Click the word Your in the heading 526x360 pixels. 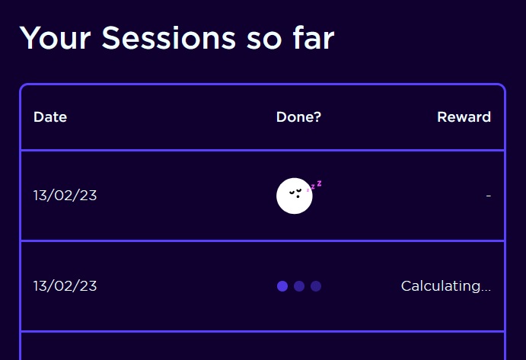[x=56, y=38]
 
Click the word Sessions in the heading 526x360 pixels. [x=169, y=38]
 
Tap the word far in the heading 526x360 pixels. [x=314, y=37]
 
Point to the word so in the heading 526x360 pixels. [x=264, y=40]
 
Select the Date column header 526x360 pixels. [x=50, y=117]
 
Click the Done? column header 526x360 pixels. [x=298, y=117]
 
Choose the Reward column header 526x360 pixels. [x=464, y=117]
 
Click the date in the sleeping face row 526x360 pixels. [x=65, y=196]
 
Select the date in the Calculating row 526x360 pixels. [x=65, y=286]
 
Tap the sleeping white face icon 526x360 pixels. [x=295, y=196]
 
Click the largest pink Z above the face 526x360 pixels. [x=320, y=183]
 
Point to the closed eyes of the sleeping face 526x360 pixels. [x=295, y=192]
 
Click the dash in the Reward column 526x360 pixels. [x=489, y=196]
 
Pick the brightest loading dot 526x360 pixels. [x=282, y=286]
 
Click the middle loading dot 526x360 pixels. [x=299, y=286]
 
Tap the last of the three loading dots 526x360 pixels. [x=316, y=286]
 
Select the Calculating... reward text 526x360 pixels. [x=446, y=286]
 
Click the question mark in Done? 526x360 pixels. [x=317, y=117]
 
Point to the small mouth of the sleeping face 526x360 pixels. [x=298, y=196]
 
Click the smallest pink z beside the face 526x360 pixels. [x=308, y=190]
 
